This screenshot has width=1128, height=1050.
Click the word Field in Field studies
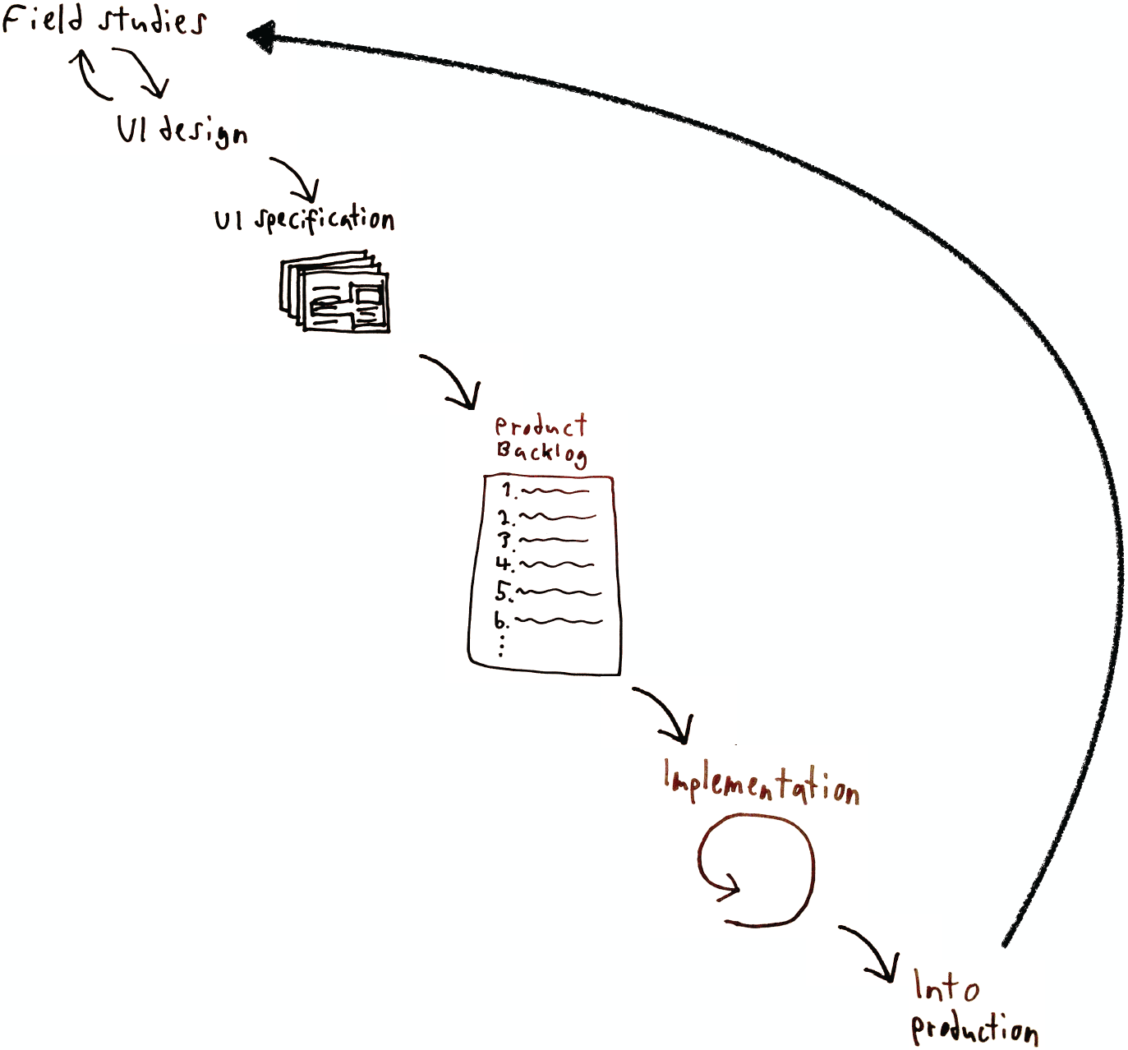41,18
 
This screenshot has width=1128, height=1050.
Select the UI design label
182,131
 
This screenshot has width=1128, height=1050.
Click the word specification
325,220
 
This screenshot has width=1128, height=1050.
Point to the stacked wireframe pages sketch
334,294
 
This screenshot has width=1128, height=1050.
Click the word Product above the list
541,426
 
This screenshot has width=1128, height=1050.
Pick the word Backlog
541,453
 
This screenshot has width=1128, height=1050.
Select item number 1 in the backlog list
546,491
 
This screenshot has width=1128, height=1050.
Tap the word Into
946,986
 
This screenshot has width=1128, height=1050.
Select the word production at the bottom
974,1030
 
